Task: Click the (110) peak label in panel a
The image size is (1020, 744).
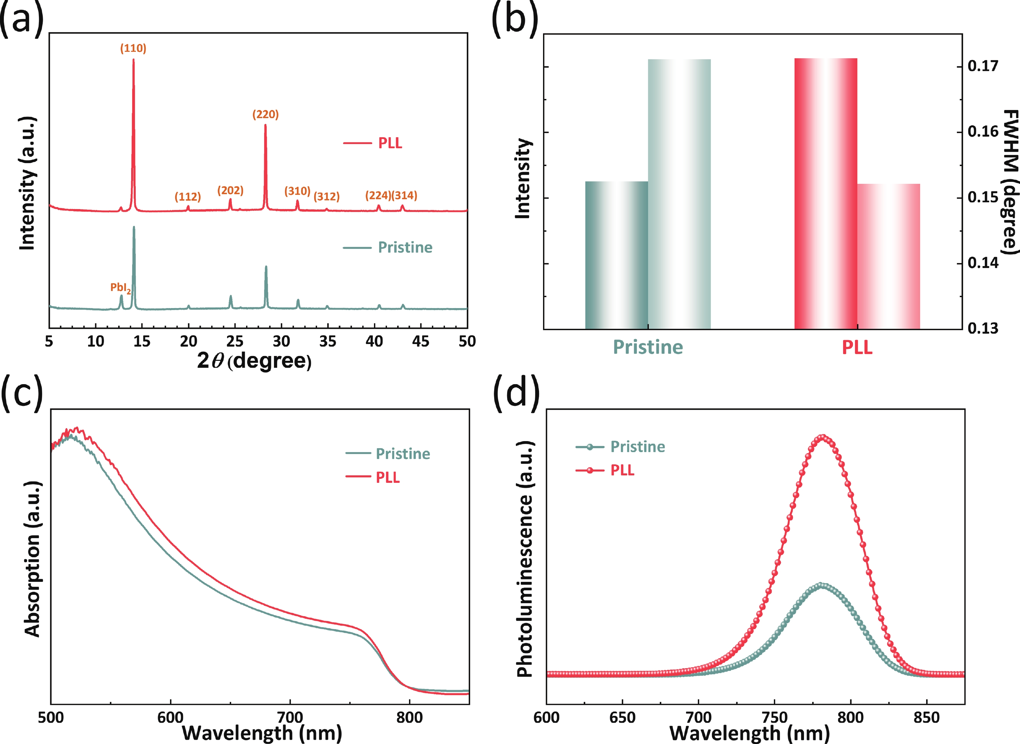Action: coord(133,49)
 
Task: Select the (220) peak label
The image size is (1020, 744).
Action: coord(266,114)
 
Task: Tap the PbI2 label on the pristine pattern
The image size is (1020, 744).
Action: coord(120,288)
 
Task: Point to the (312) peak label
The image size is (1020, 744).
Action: coord(327,196)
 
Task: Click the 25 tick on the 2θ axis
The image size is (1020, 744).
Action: coord(235,342)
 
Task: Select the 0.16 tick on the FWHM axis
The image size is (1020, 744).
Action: coord(983,132)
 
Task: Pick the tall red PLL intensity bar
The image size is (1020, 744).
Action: coord(825,194)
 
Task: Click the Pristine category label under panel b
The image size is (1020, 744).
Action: coord(648,347)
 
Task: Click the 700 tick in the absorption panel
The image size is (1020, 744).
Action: coord(290,717)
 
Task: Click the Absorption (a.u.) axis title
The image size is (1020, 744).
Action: coord(32,559)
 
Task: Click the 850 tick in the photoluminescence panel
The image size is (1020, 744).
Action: coord(926,717)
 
